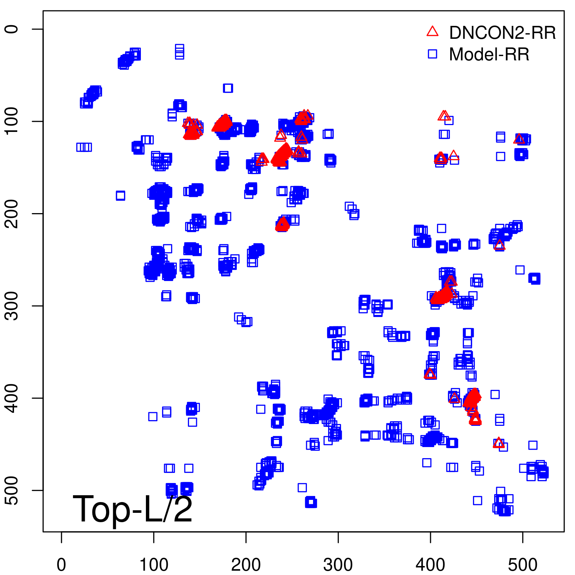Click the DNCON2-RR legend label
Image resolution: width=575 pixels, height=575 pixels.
(502, 33)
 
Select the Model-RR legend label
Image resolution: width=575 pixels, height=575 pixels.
(489, 55)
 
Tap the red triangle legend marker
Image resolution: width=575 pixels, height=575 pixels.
(432, 32)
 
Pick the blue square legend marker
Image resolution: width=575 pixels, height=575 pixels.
(432, 54)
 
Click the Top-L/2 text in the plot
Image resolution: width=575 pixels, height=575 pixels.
(133, 509)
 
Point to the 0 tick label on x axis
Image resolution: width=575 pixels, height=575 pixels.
(61, 565)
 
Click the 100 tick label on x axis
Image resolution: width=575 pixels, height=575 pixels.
(153, 565)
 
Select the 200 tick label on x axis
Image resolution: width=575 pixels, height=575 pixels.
(246, 565)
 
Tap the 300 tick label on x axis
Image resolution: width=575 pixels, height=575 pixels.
(338, 565)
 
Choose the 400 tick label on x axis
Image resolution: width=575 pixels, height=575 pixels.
(430, 565)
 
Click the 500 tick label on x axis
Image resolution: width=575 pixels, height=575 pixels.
(523, 565)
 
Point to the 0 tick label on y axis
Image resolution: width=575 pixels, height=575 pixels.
(12, 29)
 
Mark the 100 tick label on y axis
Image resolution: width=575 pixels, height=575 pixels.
(12, 121)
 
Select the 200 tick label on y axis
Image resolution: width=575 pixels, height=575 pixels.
(12, 213)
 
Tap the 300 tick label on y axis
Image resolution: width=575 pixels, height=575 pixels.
(12, 306)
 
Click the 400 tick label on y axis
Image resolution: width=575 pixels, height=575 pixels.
(12, 398)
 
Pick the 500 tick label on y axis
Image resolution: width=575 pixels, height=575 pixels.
(12, 490)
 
